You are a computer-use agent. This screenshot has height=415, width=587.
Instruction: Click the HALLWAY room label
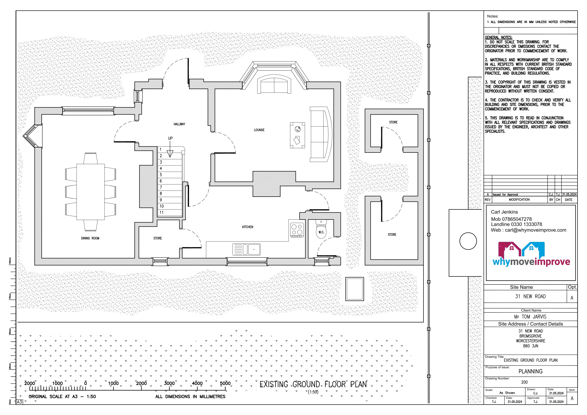point(179,124)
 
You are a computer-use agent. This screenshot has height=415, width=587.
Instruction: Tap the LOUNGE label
point(259,130)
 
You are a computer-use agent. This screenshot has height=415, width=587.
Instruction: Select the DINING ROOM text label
point(90,238)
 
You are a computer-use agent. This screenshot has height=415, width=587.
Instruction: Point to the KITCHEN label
point(247,227)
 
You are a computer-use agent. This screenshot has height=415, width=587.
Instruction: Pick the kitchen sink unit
point(246,249)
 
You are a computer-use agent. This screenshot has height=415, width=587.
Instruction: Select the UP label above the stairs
point(170,138)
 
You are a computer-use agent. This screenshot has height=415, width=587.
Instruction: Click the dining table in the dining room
point(91,192)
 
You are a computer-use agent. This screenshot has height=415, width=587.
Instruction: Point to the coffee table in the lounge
point(297,135)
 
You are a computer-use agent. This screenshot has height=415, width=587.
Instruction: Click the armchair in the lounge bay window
point(274,84)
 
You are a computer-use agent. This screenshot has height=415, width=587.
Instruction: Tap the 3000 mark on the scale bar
point(169,383)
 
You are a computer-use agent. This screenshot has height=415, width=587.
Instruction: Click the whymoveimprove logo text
point(531,262)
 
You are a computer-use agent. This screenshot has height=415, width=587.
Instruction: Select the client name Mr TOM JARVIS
point(530,317)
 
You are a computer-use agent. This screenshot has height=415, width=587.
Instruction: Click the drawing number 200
point(524,382)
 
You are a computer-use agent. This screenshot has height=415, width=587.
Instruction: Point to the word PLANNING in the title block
point(530,371)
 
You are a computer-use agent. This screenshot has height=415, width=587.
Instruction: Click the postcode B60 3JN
point(530,346)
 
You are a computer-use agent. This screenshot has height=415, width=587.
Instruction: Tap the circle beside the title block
point(468,241)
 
